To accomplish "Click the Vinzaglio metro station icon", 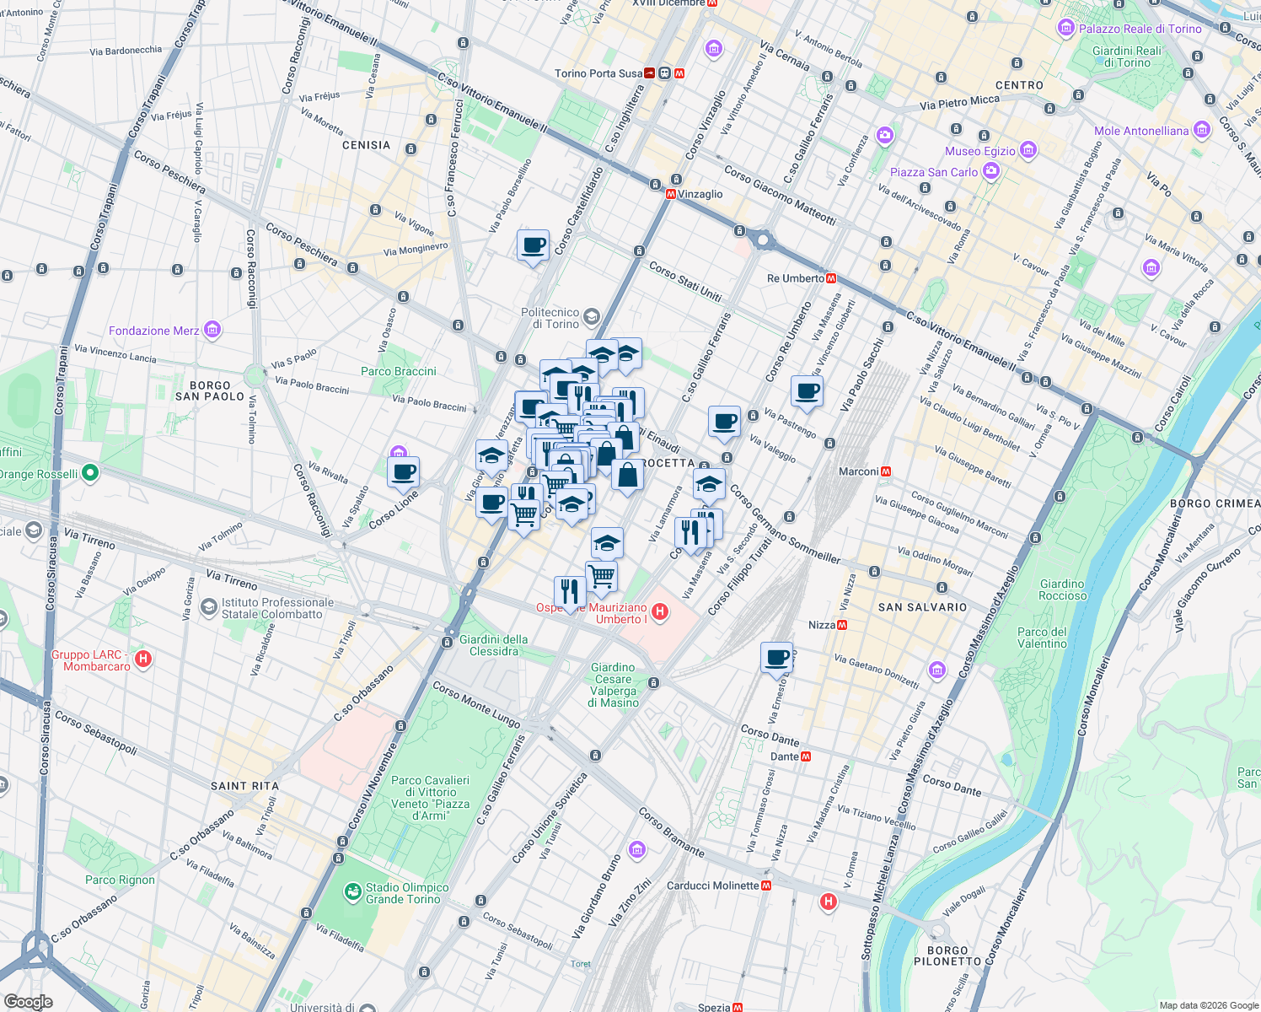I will [x=671, y=194].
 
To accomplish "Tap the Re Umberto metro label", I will [x=795, y=278].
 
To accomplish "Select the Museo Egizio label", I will [x=979, y=151].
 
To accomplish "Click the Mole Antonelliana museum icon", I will [x=1202, y=131].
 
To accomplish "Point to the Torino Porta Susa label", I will [x=598, y=73].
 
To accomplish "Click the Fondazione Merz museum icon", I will [x=212, y=330].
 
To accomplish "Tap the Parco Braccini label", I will [x=398, y=371].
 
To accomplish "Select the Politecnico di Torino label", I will [x=550, y=318].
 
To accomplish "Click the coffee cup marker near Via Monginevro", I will [x=533, y=246].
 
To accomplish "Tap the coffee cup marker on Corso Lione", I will [x=404, y=472].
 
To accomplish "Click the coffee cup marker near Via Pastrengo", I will [x=807, y=392].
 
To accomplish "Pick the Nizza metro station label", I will [x=821, y=625].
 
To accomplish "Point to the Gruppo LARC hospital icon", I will [x=143, y=659].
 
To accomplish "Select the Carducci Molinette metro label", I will [x=712, y=885].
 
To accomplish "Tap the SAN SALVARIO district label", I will [x=922, y=607].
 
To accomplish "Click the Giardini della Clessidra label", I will [x=493, y=645].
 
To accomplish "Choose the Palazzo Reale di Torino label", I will [x=1140, y=29].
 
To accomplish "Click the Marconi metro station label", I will [x=858, y=471].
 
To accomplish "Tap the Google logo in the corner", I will [x=28, y=1002].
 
